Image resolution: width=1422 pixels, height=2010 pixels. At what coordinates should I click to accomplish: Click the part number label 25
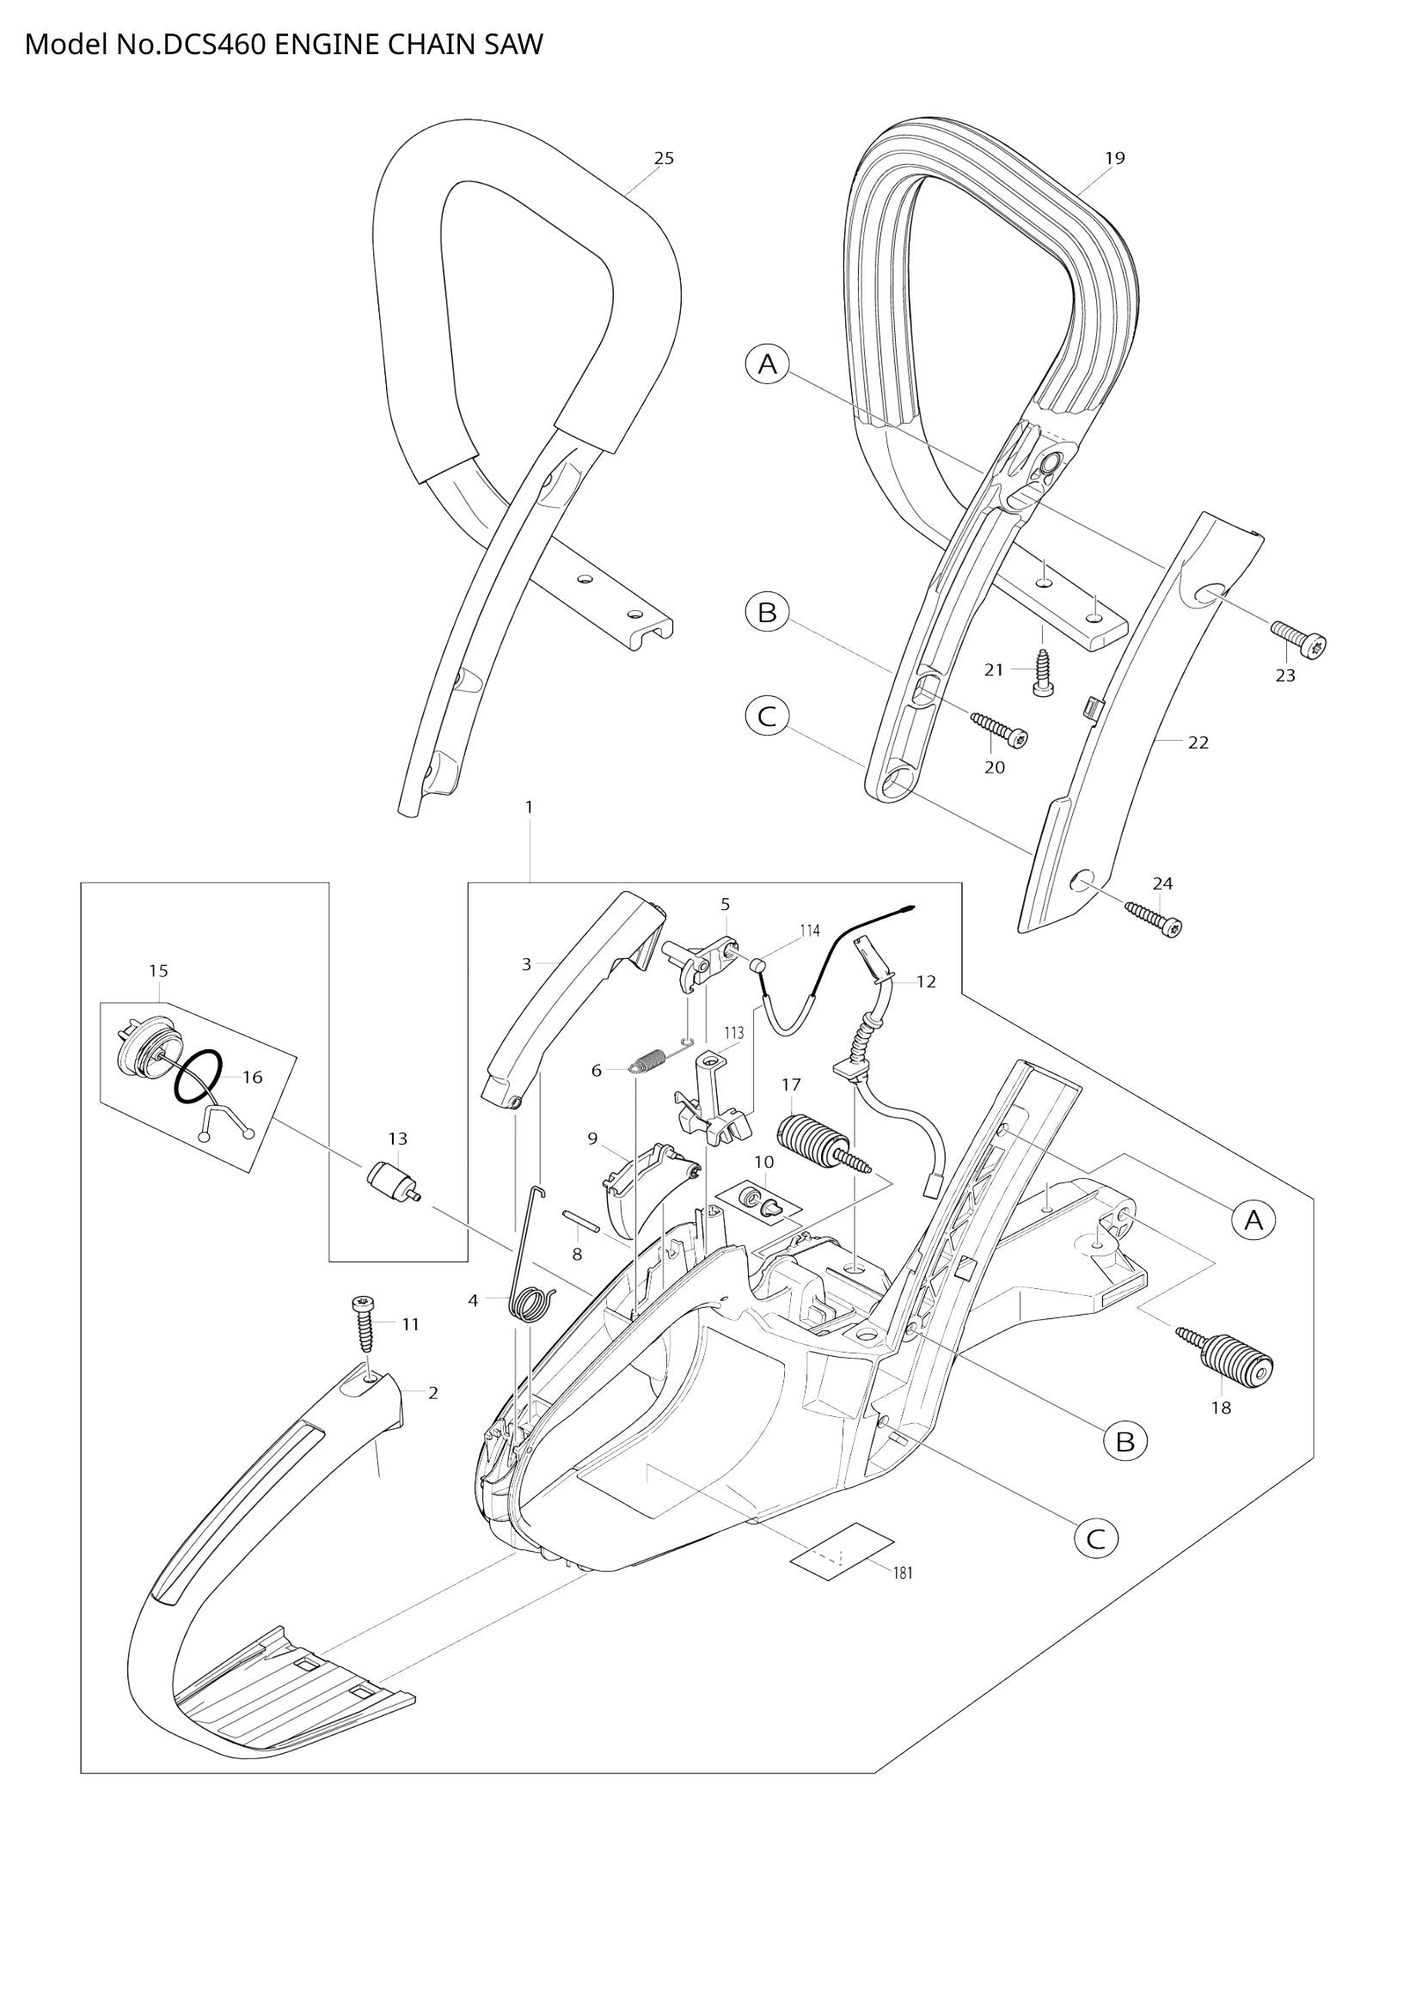[664, 158]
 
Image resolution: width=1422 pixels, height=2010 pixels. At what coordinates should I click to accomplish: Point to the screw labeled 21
[1042, 672]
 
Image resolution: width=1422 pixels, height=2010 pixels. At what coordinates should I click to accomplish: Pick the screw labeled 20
[998, 729]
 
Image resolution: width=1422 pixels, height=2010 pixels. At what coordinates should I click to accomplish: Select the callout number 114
[809, 931]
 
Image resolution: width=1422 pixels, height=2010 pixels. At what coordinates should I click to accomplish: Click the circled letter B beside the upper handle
[767, 612]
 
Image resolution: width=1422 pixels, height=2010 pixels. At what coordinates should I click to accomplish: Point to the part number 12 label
[926, 981]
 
